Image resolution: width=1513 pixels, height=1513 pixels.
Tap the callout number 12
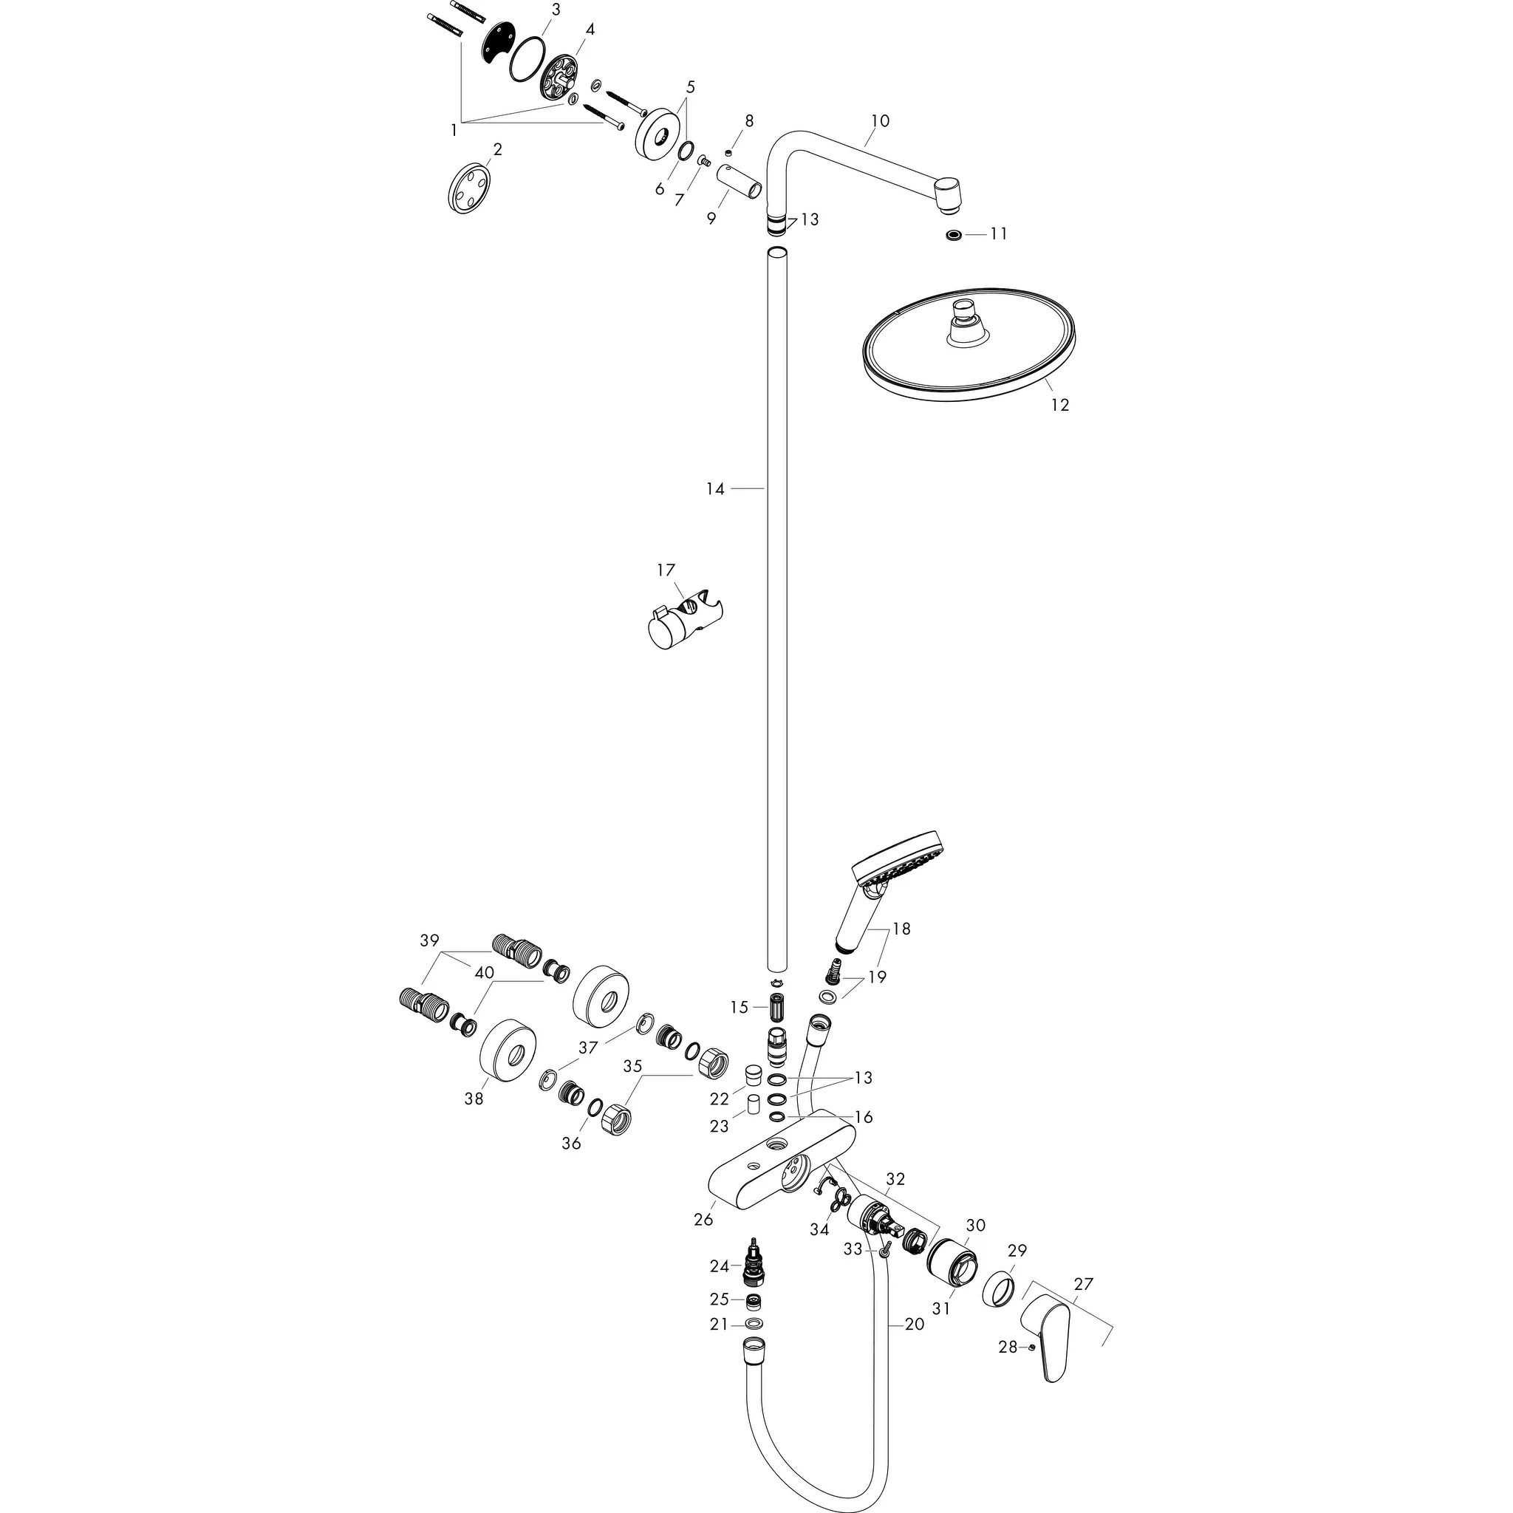pos(1059,405)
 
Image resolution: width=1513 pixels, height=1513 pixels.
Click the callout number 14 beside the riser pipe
pos(715,488)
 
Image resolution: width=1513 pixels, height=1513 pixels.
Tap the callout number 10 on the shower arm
pos(879,120)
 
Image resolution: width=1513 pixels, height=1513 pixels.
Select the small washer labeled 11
pos(953,234)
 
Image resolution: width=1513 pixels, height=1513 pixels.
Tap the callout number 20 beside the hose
pos(914,1325)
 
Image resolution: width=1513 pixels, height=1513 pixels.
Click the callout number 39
pos(429,940)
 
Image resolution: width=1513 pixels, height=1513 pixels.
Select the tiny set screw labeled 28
pos(1033,1347)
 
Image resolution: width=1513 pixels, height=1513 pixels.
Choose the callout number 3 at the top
pos(556,10)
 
